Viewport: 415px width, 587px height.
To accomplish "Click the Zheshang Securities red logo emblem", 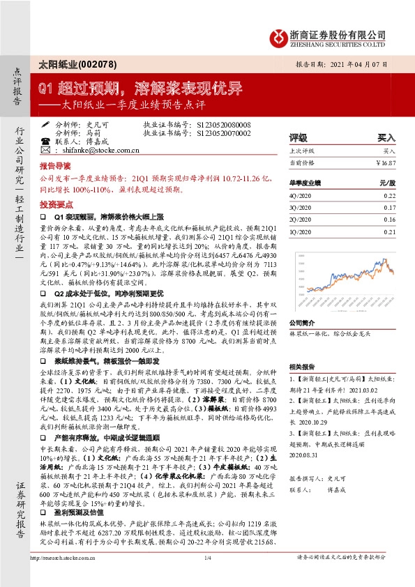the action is point(279,36).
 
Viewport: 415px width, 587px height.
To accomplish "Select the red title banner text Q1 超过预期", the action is point(66,89).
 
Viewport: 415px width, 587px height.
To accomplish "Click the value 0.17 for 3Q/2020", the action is point(389,208).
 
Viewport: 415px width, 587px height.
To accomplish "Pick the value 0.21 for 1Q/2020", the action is point(389,231).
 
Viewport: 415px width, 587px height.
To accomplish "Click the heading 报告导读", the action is point(54,168).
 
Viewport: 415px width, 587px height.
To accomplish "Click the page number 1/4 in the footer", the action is point(207,576).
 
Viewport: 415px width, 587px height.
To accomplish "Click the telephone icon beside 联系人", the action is point(45,141).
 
